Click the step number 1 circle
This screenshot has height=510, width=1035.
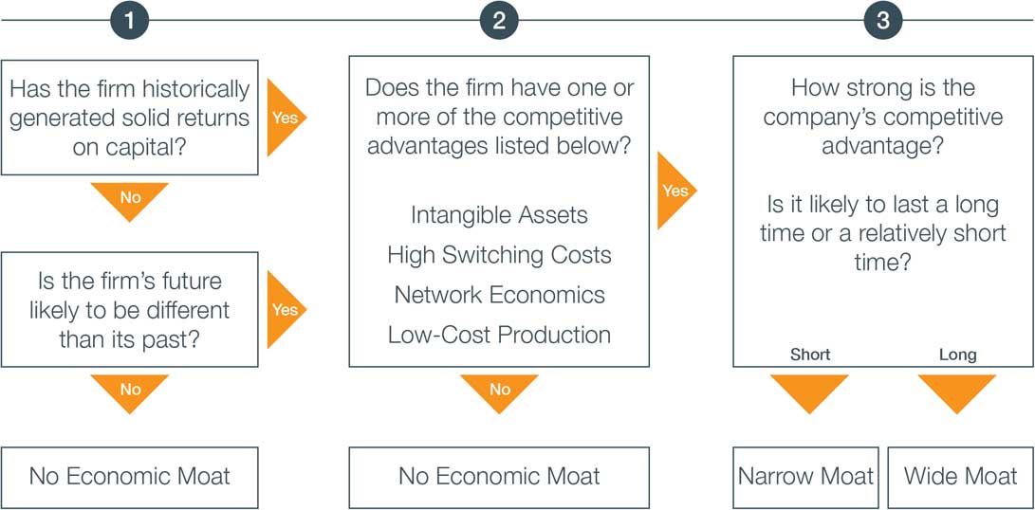click(x=129, y=21)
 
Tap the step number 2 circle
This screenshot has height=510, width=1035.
click(x=499, y=21)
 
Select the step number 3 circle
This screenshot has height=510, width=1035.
click(x=883, y=21)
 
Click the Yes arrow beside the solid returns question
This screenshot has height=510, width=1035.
click(x=286, y=118)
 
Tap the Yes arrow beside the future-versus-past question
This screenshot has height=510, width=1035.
click(x=286, y=309)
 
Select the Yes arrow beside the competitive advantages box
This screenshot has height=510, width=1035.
click(x=676, y=191)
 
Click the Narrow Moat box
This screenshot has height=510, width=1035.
click(x=806, y=478)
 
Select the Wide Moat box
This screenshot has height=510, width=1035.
click(x=961, y=478)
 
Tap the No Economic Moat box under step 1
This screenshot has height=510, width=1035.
click(x=129, y=478)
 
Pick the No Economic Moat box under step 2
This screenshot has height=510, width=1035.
click(x=499, y=478)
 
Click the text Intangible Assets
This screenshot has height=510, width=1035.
click(x=499, y=215)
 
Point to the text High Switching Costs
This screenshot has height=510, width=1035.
click(x=499, y=255)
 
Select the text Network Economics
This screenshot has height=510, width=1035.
click(x=499, y=294)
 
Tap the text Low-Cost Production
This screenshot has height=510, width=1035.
click(x=499, y=335)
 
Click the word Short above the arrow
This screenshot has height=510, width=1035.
click(x=810, y=355)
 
